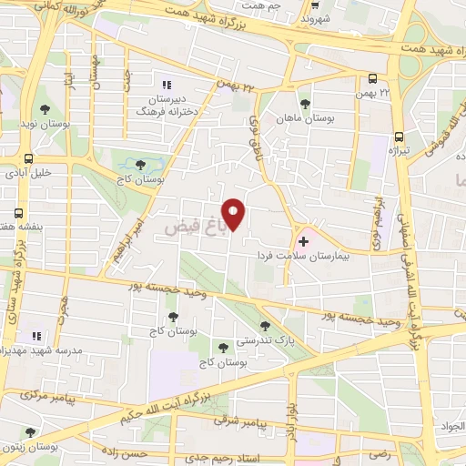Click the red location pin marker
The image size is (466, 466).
[x=234, y=214]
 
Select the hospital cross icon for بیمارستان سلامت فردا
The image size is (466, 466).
[x=303, y=243]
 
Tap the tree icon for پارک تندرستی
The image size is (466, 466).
[x=265, y=325]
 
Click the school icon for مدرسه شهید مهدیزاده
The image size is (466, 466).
[x=37, y=334]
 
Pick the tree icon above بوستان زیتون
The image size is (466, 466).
[x=30, y=432]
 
